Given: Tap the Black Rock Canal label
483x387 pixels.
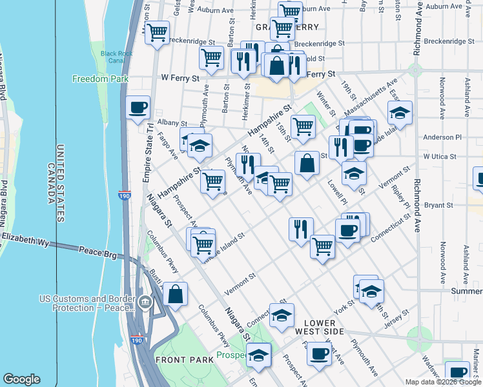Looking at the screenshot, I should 112,57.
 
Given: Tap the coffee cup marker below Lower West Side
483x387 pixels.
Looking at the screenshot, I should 319,354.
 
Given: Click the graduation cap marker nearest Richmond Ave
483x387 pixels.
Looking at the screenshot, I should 400,113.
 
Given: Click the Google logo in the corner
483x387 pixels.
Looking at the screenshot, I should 21,379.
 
